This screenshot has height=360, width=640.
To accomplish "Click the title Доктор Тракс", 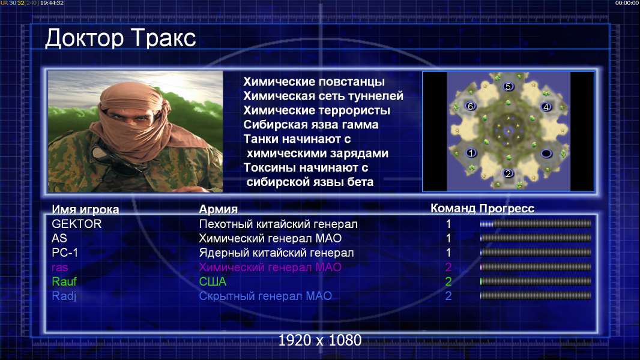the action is [121, 38].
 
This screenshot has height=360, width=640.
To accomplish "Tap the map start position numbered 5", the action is [508, 86].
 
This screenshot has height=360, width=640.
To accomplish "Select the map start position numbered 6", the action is [471, 106].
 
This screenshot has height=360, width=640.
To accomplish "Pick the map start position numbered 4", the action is [546, 107].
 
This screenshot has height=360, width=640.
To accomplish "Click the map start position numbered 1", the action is [471, 153].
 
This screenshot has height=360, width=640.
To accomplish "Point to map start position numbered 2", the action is [508, 173].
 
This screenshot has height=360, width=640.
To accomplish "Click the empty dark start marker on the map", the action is [546, 153].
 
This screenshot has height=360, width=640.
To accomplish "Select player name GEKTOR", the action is [77, 224].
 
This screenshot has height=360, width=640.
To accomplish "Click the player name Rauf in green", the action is [64, 282].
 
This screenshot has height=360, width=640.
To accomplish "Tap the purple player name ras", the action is [59, 268].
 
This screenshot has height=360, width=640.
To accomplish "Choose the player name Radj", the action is [64, 296].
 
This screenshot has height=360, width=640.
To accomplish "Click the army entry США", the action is [213, 282].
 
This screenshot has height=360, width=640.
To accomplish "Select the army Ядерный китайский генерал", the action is [276, 253].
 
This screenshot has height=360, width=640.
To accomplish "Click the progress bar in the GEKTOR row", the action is [536, 224].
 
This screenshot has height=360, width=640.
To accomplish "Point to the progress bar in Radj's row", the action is [536, 296].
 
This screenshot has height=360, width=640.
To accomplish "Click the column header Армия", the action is [219, 209].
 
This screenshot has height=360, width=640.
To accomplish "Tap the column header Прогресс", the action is [507, 209].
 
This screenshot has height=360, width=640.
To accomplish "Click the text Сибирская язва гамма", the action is [311, 125].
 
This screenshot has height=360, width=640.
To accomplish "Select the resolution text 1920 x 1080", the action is [320, 340].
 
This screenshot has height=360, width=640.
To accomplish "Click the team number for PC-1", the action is [448, 253].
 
